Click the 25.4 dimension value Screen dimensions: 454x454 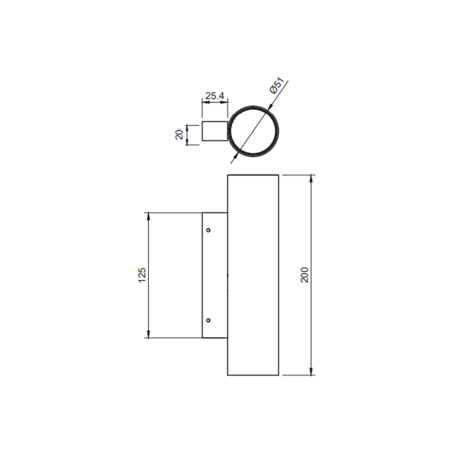[215, 96]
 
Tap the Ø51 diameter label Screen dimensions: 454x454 [277, 85]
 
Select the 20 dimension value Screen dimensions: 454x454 [179, 135]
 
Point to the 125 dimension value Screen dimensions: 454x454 [142, 275]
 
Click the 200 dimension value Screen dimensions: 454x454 [305, 275]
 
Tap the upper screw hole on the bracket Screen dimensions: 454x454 [208, 230]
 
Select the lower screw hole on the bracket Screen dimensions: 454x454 [208, 320]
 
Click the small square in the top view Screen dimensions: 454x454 [215, 131]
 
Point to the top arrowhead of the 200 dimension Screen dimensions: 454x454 [311, 179]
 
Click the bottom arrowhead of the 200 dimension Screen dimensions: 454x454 [311, 371]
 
